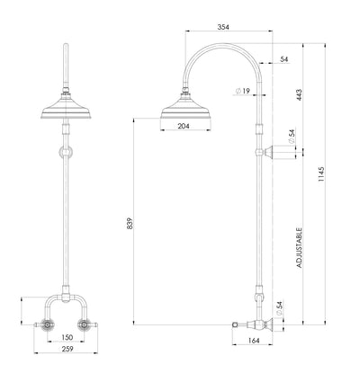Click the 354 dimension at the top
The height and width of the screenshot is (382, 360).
pyautogui.click(x=223, y=28)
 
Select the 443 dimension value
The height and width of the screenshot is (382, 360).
pyautogui.click(x=298, y=93)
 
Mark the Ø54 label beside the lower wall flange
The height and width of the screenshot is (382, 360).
pyautogui.click(x=281, y=308)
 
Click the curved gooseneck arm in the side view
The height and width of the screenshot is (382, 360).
pyautogui.click(x=220, y=54)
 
